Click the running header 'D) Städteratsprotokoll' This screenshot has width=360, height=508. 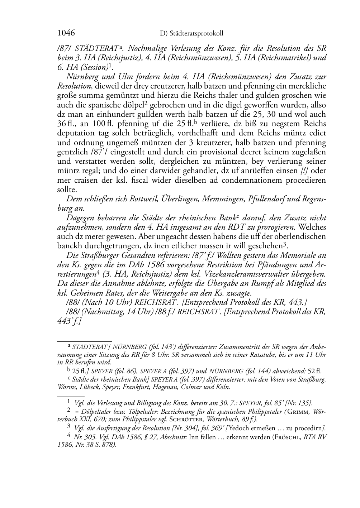tap(191, 34)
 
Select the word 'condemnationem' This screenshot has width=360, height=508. tap(248, 180)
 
